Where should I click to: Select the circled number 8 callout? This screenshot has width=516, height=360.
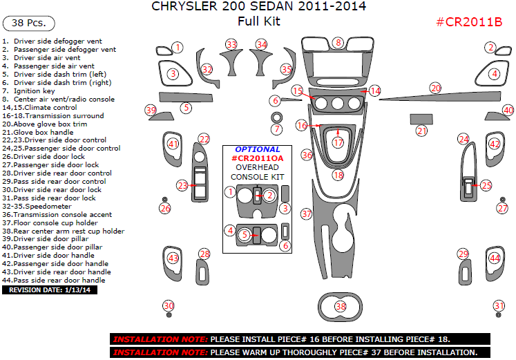click(337, 43)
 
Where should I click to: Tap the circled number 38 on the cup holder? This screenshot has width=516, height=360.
click(340, 306)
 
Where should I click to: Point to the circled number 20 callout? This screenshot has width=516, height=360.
click(435, 88)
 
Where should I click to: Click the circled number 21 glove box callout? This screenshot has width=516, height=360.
click(421, 130)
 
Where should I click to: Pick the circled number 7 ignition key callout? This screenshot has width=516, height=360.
click(277, 129)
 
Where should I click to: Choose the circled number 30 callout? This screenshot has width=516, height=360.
click(168, 306)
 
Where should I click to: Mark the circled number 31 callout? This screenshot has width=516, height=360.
click(499, 306)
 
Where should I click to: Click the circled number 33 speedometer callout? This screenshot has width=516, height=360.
click(231, 44)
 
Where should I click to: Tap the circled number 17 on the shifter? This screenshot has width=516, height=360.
click(338, 142)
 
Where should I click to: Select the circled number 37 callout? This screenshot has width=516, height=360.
click(307, 214)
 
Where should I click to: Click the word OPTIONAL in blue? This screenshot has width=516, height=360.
click(258, 149)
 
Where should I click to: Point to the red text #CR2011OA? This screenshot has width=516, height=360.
click(258, 158)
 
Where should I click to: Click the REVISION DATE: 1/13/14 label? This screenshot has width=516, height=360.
click(50, 290)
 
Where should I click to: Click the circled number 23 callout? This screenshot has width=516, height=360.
click(182, 185)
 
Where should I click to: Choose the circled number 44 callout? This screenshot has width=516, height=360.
click(495, 258)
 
